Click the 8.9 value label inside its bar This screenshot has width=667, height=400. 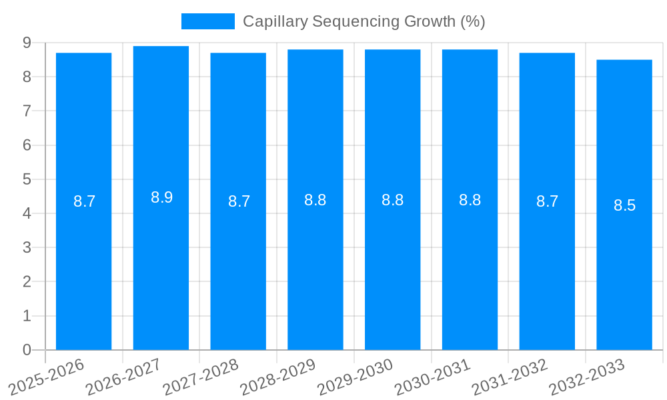click(161, 197)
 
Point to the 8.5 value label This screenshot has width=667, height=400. click(624, 205)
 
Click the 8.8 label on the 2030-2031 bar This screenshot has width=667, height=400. click(470, 200)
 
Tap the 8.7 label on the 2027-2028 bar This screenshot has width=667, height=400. click(239, 201)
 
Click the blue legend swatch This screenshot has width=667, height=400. click(207, 21)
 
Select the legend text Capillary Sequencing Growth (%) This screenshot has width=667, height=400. click(364, 21)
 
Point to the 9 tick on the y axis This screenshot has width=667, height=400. click(27, 43)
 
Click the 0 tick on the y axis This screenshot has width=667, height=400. click(27, 350)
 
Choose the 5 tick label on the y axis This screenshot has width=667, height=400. click(27, 179)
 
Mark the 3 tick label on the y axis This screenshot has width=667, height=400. click(27, 247)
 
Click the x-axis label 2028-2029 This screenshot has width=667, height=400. click(277, 377)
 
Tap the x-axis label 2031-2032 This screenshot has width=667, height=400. click(510, 377)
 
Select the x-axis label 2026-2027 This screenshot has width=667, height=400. click(123, 377)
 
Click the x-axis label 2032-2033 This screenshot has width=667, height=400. click(586, 377)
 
